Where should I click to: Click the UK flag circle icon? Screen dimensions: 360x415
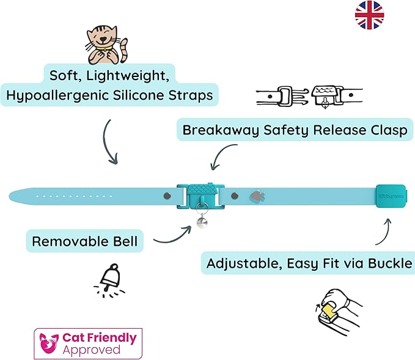(369, 15)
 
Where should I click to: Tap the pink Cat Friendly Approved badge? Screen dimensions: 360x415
(89, 343)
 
